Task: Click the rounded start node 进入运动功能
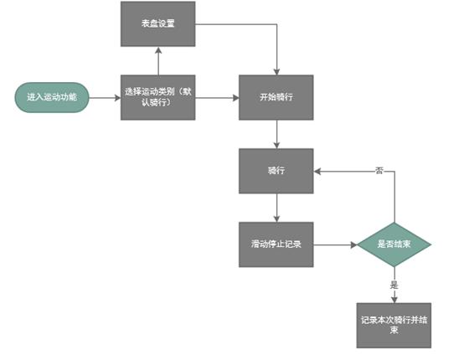coord(51,98)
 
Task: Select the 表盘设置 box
coord(157,24)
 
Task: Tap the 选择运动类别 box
coord(157,98)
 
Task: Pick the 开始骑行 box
coord(276,98)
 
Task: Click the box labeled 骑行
coord(276,172)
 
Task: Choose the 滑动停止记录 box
coord(276,245)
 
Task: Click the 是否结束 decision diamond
coord(394,245)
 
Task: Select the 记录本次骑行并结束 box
coord(394,325)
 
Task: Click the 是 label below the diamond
coord(394,285)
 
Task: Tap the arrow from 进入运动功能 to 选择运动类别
coord(105,98)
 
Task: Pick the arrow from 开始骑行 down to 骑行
coord(276,135)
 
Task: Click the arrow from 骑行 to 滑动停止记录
coord(276,208)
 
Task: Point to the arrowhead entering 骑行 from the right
coord(318,172)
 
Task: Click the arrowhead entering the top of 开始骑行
coord(276,72)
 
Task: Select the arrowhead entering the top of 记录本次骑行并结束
coord(394,299)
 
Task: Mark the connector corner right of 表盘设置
coord(276,24)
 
